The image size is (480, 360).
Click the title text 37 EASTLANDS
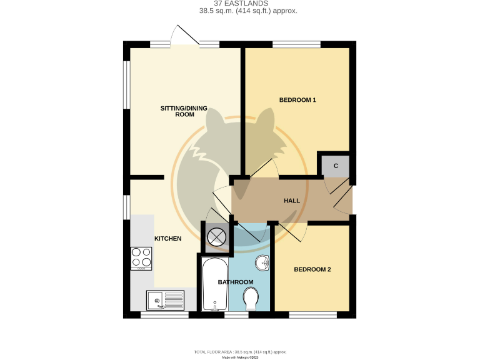click(x=240, y=2)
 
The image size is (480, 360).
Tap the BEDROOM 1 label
click(x=297, y=100)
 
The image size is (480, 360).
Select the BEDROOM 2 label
click(x=312, y=270)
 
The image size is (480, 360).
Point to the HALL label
click(x=292, y=201)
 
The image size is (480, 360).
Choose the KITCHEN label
click(x=168, y=239)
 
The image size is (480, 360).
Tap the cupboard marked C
click(x=336, y=166)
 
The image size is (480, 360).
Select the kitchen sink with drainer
click(x=166, y=301)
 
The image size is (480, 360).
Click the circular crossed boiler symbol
click(x=217, y=236)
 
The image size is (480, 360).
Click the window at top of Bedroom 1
click(x=297, y=44)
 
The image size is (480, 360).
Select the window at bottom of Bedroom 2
click(x=313, y=314)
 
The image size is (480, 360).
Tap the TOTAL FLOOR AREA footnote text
click(x=240, y=352)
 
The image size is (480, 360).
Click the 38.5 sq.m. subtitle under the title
click(x=240, y=11)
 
